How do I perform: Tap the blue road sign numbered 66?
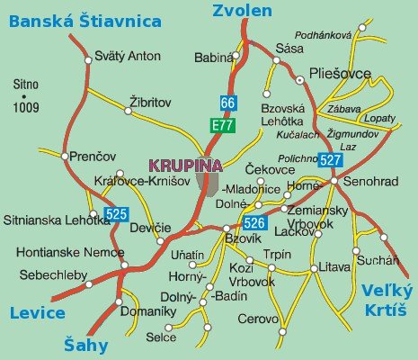pyautogui.click(x=229, y=102)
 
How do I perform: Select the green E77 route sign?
pyautogui.click(x=223, y=125)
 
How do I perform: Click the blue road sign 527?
pyautogui.click(x=330, y=160)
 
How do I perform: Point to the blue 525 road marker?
pyautogui.click(x=117, y=214)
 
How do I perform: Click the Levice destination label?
pyautogui.click(x=37, y=312)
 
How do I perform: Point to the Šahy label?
pyautogui.click(x=87, y=344)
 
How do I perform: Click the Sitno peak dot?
pyautogui.click(x=25, y=95)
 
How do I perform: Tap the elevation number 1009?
pyautogui.click(x=27, y=108)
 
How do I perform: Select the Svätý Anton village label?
pyautogui.click(x=130, y=56)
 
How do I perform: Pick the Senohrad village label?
pyautogui.click(x=370, y=182)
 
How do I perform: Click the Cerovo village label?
pyautogui.click(x=258, y=319)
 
